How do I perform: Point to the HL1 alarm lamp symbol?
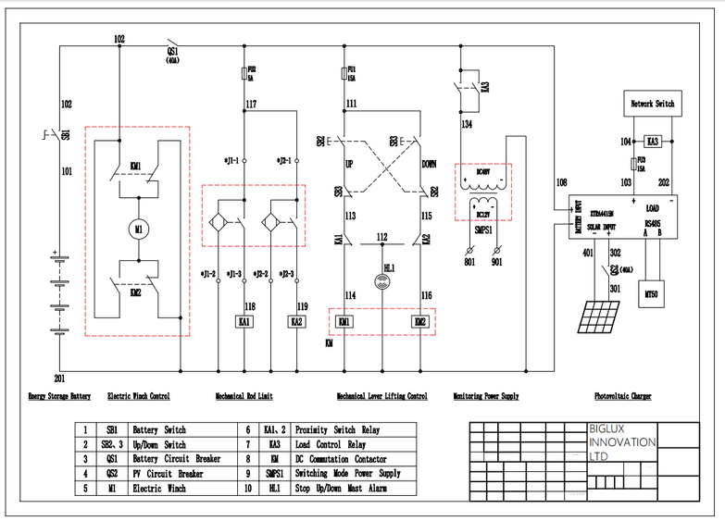(x=382, y=280)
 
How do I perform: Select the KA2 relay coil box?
(x=296, y=321)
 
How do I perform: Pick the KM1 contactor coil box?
(x=345, y=321)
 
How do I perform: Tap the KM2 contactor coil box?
(x=419, y=321)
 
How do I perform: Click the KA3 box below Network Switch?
(x=653, y=142)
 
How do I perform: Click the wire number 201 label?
(x=60, y=379)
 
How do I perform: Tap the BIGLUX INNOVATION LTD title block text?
(x=623, y=442)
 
